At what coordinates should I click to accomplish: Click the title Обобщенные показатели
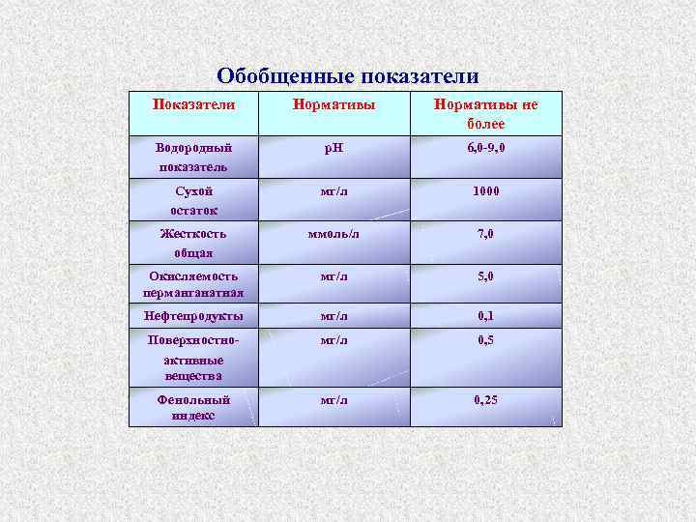coord(347,76)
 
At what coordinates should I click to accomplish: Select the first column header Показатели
coord(193,103)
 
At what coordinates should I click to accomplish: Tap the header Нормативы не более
coord(486,113)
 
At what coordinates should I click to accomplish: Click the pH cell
coord(333,149)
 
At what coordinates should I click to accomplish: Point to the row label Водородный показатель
coord(193,157)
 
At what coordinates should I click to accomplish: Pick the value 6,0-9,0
coord(486,149)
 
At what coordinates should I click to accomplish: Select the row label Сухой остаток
coord(193,200)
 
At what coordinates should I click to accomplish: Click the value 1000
coord(486,191)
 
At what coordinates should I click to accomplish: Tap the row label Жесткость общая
coord(193,243)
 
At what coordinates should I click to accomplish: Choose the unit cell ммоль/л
coord(333,234)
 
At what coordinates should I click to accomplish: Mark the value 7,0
coord(486,234)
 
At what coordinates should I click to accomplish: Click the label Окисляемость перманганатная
coord(193,284)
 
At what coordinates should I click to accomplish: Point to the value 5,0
coord(486,276)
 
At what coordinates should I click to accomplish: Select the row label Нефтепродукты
coord(193,316)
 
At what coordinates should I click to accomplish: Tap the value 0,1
coord(486,316)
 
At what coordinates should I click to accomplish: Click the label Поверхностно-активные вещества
coord(193,358)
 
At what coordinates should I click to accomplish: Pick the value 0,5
coord(486,340)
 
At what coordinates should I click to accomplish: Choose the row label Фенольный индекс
coord(193,407)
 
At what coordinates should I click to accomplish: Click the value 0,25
coord(486,399)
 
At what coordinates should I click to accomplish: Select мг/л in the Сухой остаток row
coord(333,191)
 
